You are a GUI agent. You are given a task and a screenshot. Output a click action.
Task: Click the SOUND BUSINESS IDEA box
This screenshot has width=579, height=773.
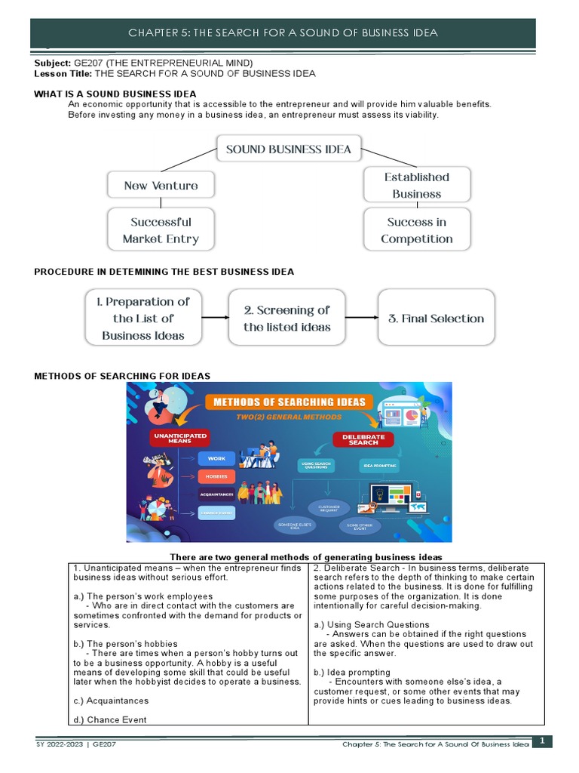289,149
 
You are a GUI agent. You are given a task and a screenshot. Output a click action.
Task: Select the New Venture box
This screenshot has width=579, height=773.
161,186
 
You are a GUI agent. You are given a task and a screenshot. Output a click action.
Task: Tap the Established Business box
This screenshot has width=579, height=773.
416,185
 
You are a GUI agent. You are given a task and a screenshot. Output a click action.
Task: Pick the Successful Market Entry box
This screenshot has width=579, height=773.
161,230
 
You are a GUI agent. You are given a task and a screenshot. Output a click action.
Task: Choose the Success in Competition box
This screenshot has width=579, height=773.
416,230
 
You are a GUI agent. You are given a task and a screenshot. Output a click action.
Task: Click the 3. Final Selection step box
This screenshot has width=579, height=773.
436,318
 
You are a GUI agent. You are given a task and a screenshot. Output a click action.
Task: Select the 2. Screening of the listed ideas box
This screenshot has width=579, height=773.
286,318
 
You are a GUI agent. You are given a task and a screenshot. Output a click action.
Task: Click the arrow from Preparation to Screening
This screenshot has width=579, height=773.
215,318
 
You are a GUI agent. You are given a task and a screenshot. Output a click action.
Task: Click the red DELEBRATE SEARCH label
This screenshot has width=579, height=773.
363,439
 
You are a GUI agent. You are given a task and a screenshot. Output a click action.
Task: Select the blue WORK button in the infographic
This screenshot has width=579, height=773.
216,458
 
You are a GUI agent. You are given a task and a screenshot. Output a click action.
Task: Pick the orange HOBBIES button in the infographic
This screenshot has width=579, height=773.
216,476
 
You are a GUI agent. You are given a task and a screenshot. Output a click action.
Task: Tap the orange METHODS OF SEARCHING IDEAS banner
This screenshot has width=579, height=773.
289,402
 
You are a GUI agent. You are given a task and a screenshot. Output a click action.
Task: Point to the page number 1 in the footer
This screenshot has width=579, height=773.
541,742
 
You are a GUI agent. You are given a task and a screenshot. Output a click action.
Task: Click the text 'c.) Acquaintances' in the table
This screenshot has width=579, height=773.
111,701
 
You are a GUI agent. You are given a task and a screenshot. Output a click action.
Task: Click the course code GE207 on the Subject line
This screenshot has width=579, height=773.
86,63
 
